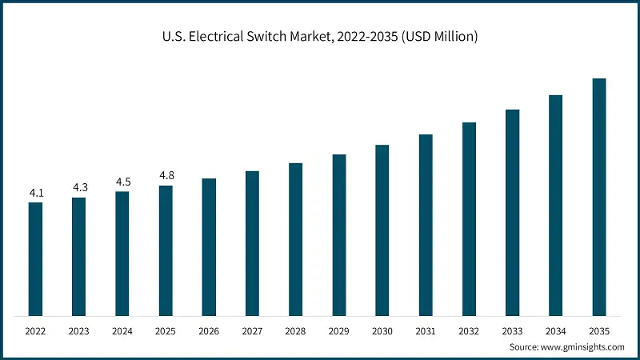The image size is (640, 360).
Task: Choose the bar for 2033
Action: pos(512,212)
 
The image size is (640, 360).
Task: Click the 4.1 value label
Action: pos(36,193)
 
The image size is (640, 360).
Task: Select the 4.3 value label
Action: pos(79,187)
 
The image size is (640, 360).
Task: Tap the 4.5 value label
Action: pos(122,182)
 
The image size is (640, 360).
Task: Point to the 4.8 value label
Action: pos(166,175)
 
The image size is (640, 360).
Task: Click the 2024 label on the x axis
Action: pos(122,330)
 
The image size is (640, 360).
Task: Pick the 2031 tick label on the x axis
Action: pos(426,330)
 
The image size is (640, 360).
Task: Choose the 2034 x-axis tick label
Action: pos(555,330)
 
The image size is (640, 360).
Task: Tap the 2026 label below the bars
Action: pos(209,330)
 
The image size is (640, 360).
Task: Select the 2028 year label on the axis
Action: pos(295,330)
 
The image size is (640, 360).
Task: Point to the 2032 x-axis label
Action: pos(469,330)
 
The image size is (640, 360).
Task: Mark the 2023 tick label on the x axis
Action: pos(79,330)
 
